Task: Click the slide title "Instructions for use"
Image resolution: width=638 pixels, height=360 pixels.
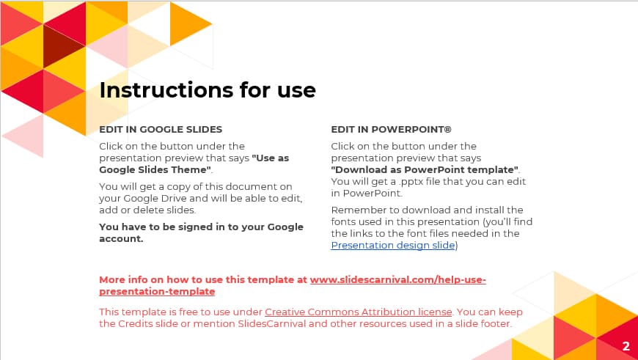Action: [x=208, y=90]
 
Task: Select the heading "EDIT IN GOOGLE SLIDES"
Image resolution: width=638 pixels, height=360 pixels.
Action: [x=161, y=129]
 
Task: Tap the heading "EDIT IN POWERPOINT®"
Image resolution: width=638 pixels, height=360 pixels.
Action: [x=391, y=129]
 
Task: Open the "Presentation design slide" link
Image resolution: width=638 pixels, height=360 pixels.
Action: [x=393, y=246]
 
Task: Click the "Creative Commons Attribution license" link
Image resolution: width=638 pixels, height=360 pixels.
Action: [x=359, y=312]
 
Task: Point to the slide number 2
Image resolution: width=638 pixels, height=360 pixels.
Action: [x=626, y=346]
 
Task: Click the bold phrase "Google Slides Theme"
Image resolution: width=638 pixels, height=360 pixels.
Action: [x=155, y=170]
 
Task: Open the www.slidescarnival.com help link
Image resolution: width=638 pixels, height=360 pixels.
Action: [x=397, y=280]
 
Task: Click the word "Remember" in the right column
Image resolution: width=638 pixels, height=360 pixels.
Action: [x=356, y=210]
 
